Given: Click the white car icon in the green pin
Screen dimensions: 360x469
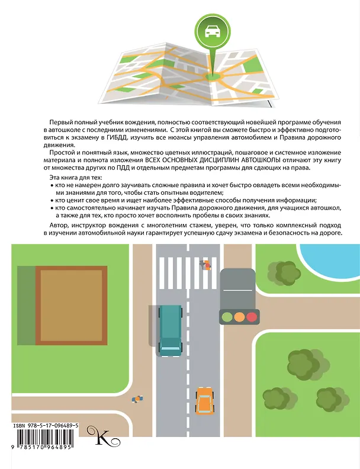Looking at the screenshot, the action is click(x=213, y=31).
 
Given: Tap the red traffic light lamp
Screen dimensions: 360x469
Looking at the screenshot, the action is click(x=252, y=317).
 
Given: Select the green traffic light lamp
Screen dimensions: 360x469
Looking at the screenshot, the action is click(x=227, y=317).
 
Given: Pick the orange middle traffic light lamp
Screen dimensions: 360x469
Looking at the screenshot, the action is click(x=239, y=317).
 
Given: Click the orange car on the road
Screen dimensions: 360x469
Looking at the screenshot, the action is click(x=205, y=401).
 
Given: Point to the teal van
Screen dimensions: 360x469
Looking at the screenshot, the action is click(x=170, y=331).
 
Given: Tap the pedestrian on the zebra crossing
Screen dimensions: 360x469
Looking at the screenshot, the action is click(x=205, y=265).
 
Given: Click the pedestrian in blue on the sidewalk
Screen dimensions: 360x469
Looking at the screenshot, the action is click(x=137, y=399).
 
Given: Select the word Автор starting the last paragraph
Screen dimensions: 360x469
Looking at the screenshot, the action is click(x=56, y=225).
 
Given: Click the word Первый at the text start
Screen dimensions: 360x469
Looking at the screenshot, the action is click(x=60, y=123).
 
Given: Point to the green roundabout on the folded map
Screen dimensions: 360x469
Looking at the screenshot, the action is click(x=213, y=77).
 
